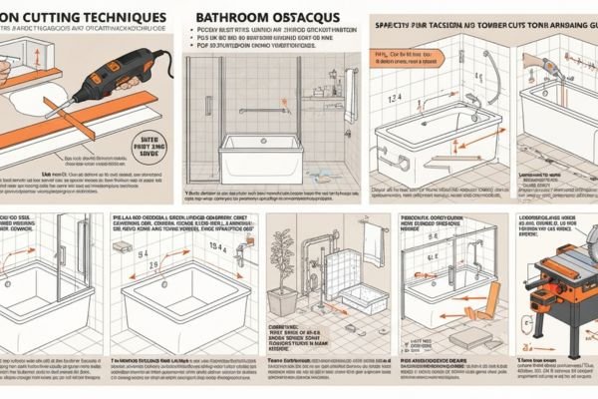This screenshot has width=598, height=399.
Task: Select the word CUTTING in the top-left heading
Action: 52,17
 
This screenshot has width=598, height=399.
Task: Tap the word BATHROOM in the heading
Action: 236,18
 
